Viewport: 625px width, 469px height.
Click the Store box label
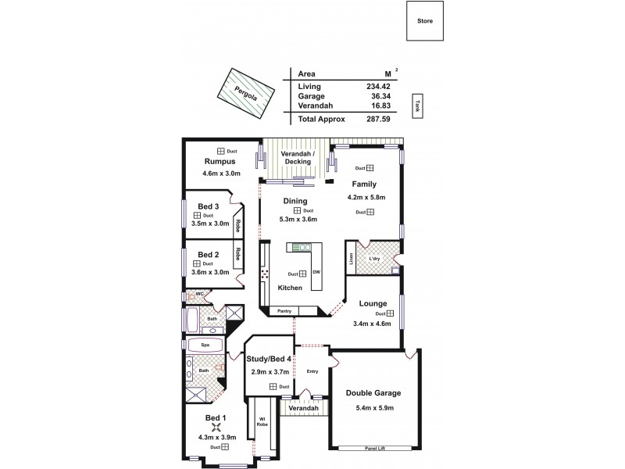pyautogui.click(x=425, y=21)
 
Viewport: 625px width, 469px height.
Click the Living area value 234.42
pyautogui.click(x=378, y=86)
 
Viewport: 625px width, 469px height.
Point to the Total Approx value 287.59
pyautogui.click(x=378, y=119)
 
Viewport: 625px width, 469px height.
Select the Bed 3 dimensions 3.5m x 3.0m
pyautogui.click(x=210, y=224)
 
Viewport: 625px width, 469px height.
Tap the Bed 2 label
pyautogui.click(x=208, y=254)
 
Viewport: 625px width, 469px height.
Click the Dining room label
pyautogui.click(x=295, y=201)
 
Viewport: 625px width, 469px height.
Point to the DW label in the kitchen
pyautogui.click(x=316, y=271)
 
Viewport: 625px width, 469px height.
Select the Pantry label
pyautogui.click(x=284, y=311)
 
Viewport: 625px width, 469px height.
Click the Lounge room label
pyautogui.click(x=373, y=303)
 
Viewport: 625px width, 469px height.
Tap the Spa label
pyautogui.click(x=205, y=344)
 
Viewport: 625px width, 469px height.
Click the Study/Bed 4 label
pyautogui.click(x=269, y=360)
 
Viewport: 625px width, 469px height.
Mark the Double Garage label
pyautogui.click(x=373, y=394)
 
